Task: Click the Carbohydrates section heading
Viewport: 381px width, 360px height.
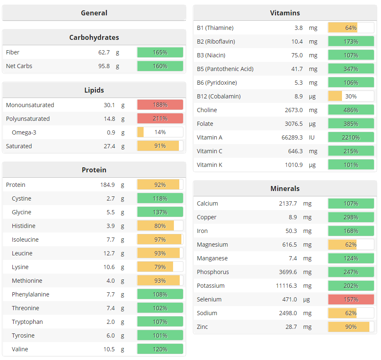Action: click(x=94, y=37)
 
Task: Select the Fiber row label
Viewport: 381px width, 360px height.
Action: click(x=13, y=52)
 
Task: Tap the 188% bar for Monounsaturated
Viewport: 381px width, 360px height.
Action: click(x=160, y=105)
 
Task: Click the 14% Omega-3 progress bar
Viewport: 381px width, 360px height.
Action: click(x=160, y=132)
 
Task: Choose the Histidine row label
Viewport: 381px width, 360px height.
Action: click(x=24, y=226)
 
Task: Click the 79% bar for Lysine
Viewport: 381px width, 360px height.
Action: click(x=160, y=267)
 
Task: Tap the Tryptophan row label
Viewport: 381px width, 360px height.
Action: click(x=27, y=322)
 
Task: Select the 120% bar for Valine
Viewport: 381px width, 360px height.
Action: click(x=160, y=349)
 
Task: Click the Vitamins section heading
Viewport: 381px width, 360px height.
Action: click(x=285, y=13)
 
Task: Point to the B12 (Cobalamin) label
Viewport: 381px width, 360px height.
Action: click(x=219, y=96)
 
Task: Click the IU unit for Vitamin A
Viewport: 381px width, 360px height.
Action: click(x=312, y=137)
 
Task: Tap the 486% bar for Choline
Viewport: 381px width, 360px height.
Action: click(x=351, y=110)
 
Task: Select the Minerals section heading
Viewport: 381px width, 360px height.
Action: click(x=285, y=189)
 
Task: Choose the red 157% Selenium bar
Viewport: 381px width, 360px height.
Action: click(x=351, y=299)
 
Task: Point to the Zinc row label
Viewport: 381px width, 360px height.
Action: click(x=203, y=327)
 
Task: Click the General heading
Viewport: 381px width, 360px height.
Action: click(x=94, y=13)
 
